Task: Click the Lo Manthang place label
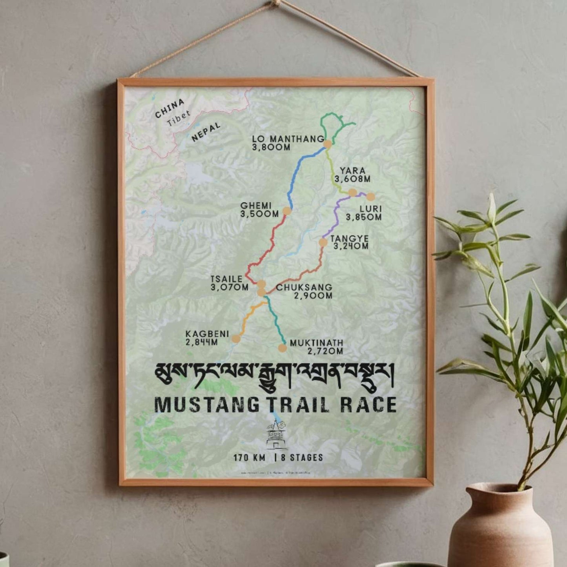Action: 288,139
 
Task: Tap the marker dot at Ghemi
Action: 287,211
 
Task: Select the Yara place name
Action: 352,171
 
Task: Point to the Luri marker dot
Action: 370,197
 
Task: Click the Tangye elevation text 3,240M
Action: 351,246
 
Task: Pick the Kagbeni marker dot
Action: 236,338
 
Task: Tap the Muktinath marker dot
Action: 282,348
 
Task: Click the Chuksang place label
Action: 304,287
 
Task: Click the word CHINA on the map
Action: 170,108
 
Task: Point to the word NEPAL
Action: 206,132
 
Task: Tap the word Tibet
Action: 179,119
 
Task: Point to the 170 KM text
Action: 250,458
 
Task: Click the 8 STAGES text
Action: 302,458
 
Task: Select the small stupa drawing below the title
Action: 277,436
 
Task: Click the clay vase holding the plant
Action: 500,526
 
